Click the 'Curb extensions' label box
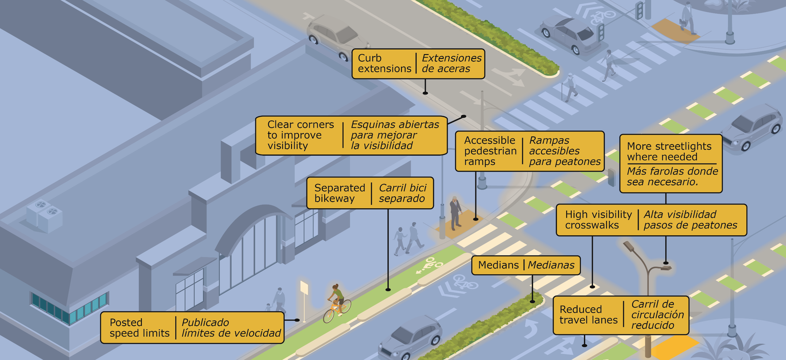418,64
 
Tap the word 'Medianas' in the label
551,265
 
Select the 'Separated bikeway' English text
340,193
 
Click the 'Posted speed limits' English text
139,328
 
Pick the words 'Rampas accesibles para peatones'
564,151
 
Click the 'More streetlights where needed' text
669,151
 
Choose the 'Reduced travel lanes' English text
588,315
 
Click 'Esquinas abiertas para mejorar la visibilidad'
395,135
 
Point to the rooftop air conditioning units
45,215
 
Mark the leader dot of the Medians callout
533,301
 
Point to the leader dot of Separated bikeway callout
388,289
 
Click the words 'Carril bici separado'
402,193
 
